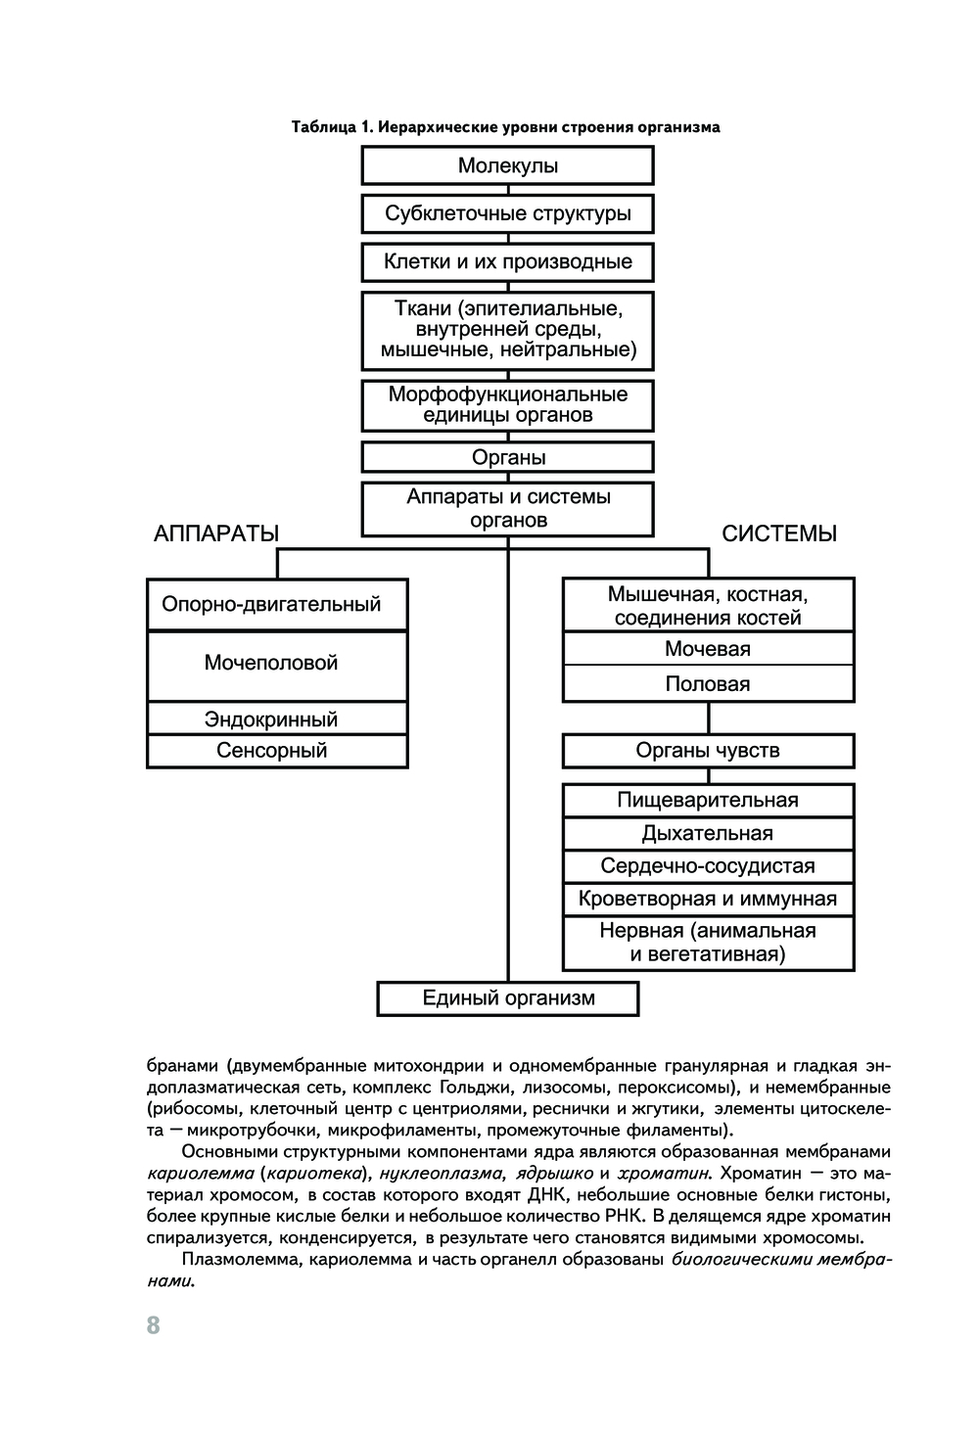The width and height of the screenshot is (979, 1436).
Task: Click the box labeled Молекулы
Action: click(x=507, y=165)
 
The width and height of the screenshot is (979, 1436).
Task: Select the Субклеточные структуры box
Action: click(x=507, y=213)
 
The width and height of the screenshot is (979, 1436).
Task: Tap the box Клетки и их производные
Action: click(x=507, y=261)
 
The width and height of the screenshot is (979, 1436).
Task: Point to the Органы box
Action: click(x=507, y=457)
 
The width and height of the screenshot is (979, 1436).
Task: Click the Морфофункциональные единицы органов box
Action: click(x=507, y=405)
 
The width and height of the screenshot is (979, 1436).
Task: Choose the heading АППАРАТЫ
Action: click(x=216, y=533)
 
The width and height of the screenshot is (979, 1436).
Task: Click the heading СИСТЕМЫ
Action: click(x=779, y=533)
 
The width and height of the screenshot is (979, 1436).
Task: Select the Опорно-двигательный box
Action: click(x=277, y=604)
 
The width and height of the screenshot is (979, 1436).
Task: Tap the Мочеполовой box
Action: click(x=277, y=664)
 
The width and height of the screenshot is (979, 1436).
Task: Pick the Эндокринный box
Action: click(x=277, y=719)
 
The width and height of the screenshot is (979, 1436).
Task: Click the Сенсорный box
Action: click(x=277, y=751)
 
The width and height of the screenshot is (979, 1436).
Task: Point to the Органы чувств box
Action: click(x=708, y=751)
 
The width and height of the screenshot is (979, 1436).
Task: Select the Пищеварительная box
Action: click(x=708, y=801)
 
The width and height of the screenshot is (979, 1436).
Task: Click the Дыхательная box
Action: click(x=708, y=834)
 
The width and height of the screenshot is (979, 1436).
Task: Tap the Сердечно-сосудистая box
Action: click(x=708, y=866)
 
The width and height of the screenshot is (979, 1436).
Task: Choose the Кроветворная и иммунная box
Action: click(x=708, y=899)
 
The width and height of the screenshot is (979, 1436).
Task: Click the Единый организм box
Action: click(x=508, y=998)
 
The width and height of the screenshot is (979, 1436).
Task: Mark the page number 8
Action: click(x=153, y=1325)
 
